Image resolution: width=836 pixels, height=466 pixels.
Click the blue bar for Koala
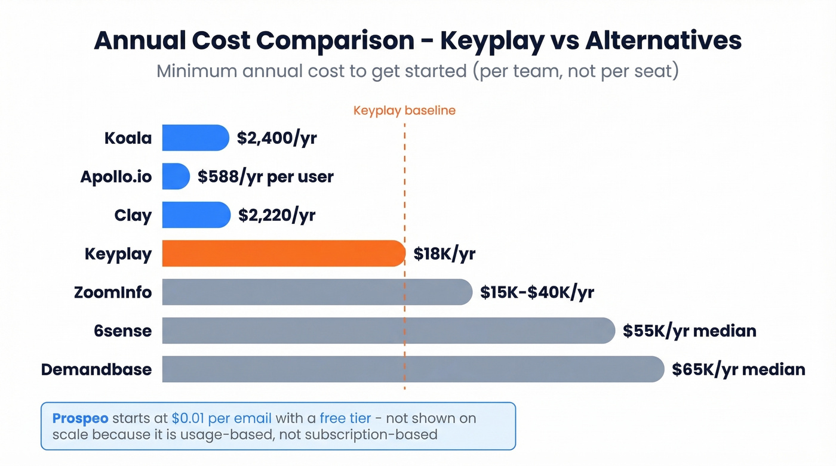195,138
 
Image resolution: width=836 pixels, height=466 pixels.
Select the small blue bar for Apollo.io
176,177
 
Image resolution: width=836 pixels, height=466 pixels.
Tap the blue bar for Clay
196,215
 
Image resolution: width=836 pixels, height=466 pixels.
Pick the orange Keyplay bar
283,254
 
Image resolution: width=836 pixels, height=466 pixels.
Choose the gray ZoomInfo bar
316,292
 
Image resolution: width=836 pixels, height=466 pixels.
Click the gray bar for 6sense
388,331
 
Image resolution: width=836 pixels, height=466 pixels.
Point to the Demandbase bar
413,369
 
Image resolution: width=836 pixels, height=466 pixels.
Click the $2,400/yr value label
276,138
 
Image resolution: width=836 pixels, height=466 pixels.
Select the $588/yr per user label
266,177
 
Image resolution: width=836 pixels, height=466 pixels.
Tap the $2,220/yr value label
276,215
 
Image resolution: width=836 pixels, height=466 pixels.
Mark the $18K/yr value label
444,254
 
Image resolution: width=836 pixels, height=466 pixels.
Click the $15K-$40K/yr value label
537,293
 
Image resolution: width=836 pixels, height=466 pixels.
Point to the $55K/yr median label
689,331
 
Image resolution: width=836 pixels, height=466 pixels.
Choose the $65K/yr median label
738,370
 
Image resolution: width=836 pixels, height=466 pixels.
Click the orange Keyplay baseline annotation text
404,111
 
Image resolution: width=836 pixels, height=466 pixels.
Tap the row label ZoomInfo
113,293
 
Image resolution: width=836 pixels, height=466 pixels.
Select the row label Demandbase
96,370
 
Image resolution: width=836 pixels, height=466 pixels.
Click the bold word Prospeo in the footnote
81,418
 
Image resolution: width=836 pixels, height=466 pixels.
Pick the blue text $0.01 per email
221,418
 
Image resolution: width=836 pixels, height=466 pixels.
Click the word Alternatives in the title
663,41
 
